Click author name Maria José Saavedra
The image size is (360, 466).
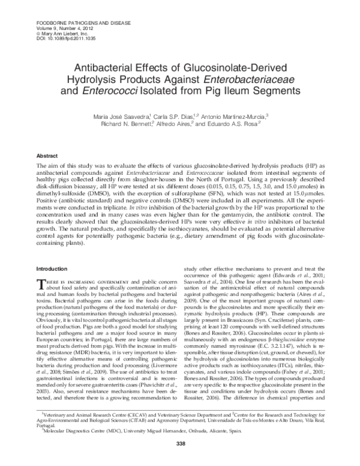tap(131, 115)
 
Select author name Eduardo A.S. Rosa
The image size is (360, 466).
tap(241, 123)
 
